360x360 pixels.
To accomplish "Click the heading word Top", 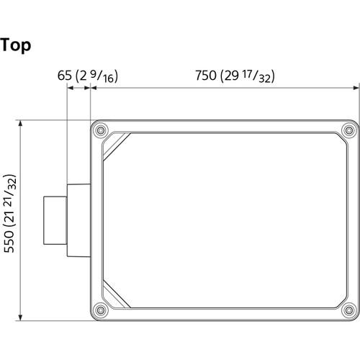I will click(15, 45).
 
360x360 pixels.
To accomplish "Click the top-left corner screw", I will click(101, 130).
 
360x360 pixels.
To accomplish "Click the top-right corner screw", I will click(348, 130).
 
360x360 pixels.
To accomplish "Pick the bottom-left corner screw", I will click(101, 311).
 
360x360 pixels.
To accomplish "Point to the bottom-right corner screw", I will click(348, 311).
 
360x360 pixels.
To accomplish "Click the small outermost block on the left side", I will click(55, 220).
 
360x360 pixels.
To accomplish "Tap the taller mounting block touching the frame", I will click(78, 220).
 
